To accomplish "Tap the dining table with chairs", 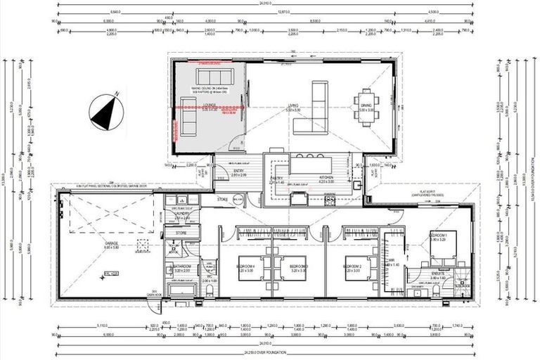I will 368,103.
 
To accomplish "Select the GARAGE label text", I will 112,245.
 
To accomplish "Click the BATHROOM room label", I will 182,266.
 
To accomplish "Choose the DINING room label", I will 368,108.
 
